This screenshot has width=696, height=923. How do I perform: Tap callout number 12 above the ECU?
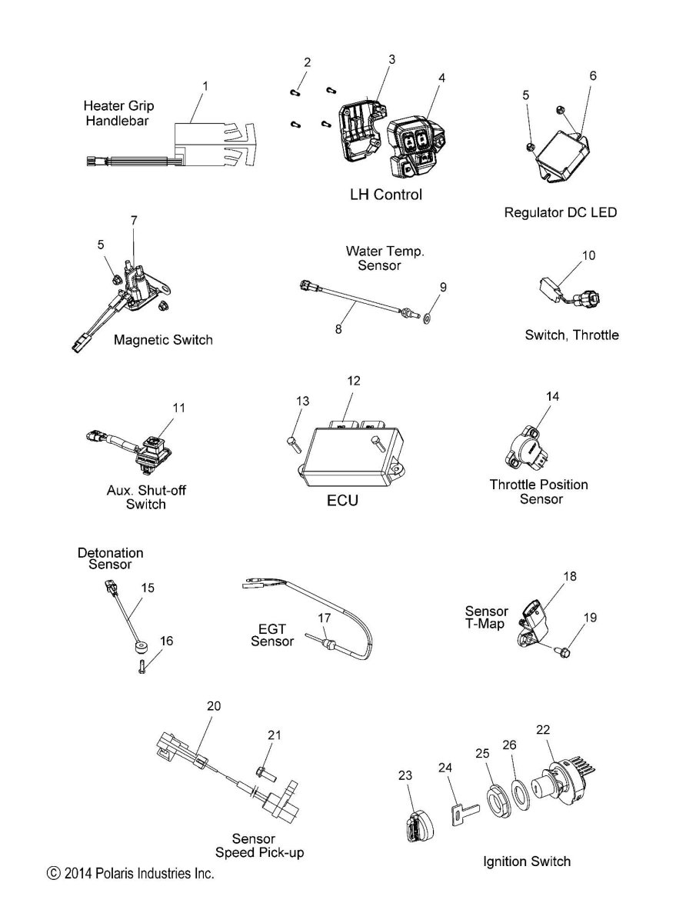(x=353, y=381)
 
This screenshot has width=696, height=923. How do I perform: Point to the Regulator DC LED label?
(x=560, y=212)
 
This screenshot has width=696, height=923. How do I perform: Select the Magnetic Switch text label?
(x=163, y=339)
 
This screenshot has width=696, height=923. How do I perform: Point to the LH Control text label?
(x=385, y=195)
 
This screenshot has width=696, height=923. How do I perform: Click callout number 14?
(x=553, y=396)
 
